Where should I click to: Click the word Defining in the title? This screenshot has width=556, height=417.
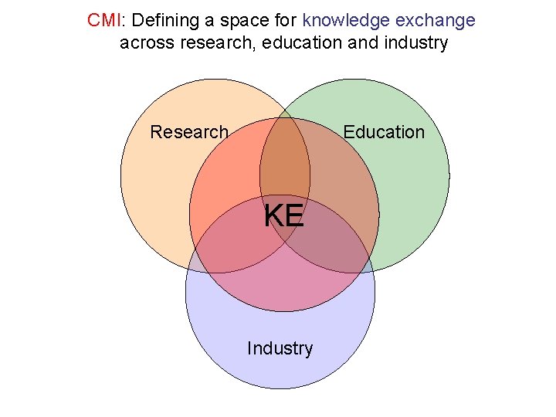point(162,20)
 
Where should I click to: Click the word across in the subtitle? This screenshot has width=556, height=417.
point(146,42)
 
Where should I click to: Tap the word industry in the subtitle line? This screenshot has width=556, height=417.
point(413,42)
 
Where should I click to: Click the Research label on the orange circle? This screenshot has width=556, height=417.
point(189,132)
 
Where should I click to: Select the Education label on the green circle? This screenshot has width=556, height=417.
point(384,132)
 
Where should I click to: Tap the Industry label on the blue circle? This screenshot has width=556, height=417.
point(280,348)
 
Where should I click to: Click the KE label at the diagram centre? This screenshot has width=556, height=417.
point(284,216)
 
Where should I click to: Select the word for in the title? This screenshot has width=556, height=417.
point(276,20)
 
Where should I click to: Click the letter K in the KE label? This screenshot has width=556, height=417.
point(274,216)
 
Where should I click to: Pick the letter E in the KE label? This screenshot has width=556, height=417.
point(294,216)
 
